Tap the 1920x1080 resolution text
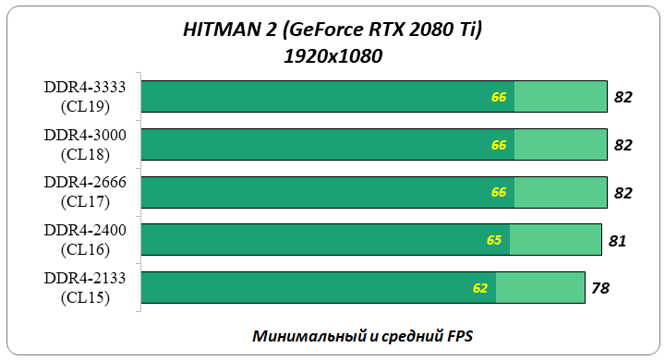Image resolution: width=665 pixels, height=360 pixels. point(333,56)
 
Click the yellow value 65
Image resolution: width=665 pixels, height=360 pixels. point(494,240)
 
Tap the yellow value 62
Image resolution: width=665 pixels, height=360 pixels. point(480,288)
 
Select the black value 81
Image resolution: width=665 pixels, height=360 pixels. point(618,241)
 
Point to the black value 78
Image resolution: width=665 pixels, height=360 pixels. point(600,289)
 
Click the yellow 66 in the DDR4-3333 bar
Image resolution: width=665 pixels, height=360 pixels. point(499,96)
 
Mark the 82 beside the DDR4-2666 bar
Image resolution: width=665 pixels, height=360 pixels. point(623,193)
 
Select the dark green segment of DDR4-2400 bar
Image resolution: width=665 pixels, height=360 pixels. point(314,240)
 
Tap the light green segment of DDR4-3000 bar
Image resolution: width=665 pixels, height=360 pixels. point(560,144)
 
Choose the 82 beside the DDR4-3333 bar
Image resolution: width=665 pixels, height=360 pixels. point(623,97)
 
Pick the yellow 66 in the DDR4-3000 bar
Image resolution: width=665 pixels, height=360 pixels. point(499,144)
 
